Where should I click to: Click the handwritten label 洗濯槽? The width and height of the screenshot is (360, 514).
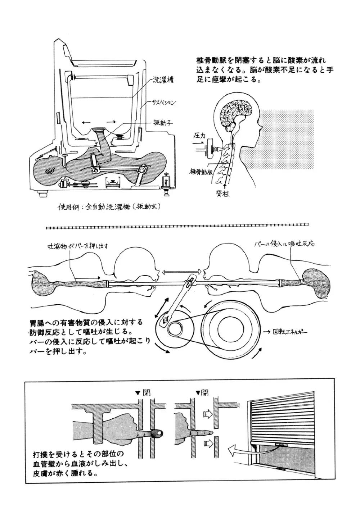163,80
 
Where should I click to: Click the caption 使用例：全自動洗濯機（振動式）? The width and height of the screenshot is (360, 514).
109,208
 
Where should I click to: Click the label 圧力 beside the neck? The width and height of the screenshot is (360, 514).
199,137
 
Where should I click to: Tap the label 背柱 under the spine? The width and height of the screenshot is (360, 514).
224,194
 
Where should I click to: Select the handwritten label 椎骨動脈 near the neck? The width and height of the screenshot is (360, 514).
201,172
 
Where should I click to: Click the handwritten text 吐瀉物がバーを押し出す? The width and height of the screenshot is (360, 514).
78,246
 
